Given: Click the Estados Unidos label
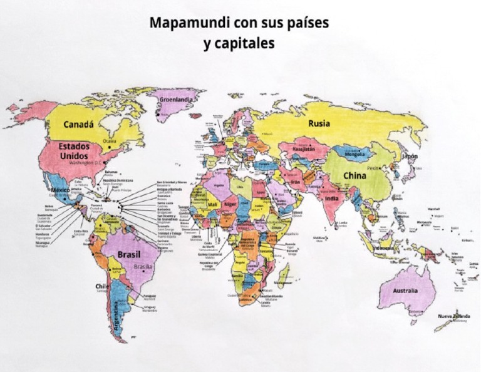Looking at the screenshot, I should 74,150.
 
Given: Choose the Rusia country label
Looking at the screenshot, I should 319,123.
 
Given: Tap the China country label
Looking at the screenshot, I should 355,176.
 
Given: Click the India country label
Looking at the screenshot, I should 333,199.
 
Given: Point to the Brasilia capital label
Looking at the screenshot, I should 143,266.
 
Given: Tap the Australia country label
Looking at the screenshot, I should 405,291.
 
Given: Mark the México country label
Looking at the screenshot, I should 61,190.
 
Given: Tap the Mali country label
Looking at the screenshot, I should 212,204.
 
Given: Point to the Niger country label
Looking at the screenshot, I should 231,204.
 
